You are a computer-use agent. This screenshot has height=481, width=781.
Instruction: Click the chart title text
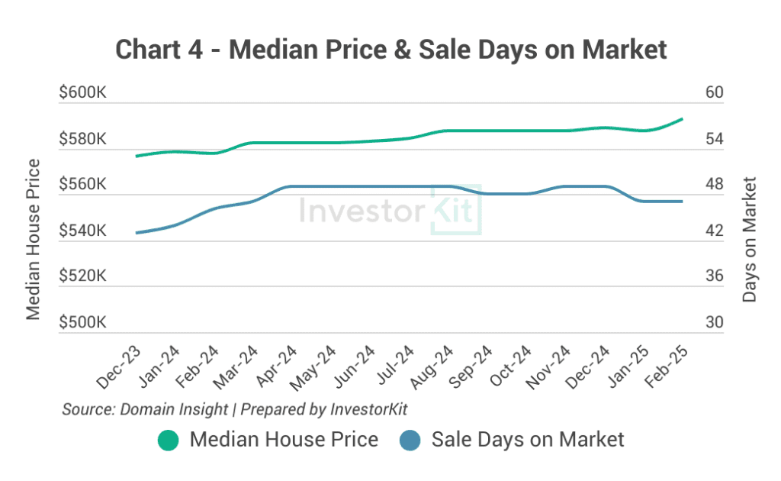click(390, 50)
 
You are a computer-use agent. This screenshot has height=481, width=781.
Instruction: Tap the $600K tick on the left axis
click(82, 93)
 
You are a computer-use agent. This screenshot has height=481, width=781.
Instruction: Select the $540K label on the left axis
click(82, 231)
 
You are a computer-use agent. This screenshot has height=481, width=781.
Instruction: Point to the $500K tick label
click(82, 323)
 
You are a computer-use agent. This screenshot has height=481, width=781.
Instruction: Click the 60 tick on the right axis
click(714, 93)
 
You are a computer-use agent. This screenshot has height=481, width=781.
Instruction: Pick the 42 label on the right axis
click(714, 231)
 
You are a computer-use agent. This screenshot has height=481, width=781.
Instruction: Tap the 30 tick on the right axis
click(714, 323)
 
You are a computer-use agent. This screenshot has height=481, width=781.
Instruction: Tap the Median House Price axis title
click(33, 240)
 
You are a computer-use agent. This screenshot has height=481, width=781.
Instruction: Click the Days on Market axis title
click(750, 240)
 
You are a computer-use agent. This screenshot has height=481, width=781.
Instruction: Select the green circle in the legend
click(168, 441)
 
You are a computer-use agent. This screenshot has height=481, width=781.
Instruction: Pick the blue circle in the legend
click(410, 441)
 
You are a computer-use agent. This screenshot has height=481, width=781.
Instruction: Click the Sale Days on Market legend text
click(528, 440)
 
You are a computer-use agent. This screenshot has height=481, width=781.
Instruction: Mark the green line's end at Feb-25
click(682, 119)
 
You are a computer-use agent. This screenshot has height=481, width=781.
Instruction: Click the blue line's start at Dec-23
click(137, 233)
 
